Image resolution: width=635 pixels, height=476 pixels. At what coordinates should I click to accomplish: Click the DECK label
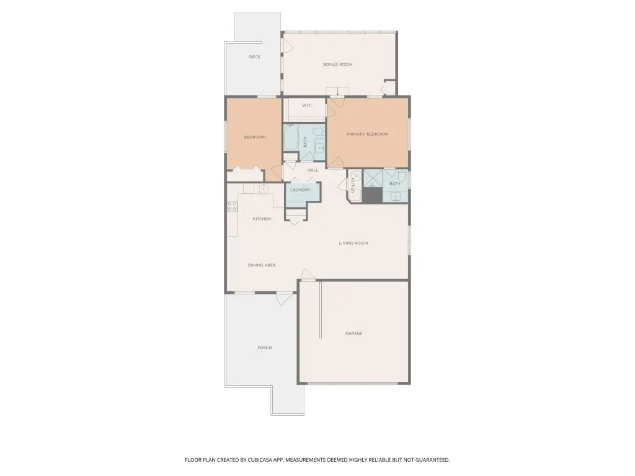click(x=255, y=57)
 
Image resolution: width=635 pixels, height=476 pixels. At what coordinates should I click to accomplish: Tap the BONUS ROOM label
click(x=338, y=64)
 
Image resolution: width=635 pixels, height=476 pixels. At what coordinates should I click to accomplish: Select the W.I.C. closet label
click(x=307, y=105)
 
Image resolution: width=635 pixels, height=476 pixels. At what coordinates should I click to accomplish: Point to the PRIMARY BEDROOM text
click(x=367, y=134)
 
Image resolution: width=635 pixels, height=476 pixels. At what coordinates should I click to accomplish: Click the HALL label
click(x=313, y=170)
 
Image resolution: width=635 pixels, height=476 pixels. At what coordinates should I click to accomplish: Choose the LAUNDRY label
click(x=300, y=190)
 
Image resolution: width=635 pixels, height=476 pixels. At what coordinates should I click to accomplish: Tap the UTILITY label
click(x=353, y=185)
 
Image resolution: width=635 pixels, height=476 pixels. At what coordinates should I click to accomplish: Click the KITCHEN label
click(x=262, y=219)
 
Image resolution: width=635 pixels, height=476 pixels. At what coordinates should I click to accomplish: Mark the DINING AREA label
click(x=262, y=265)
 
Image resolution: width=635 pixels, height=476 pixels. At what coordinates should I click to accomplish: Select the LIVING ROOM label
click(x=353, y=243)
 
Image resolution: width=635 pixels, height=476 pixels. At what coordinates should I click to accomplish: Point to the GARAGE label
click(x=354, y=333)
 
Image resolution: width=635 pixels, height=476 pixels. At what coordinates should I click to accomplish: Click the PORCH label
click(x=265, y=348)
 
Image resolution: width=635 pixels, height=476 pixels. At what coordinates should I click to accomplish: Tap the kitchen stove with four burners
click(x=232, y=206)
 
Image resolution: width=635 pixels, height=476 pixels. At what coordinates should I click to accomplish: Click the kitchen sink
click(x=264, y=188)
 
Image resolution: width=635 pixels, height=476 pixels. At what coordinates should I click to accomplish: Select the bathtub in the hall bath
click(x=290, y=137)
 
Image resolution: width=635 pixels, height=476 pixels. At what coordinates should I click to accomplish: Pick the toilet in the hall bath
click(x=319, y=131)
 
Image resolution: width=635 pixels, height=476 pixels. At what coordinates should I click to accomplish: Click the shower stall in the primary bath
click(x=373, y=179)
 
